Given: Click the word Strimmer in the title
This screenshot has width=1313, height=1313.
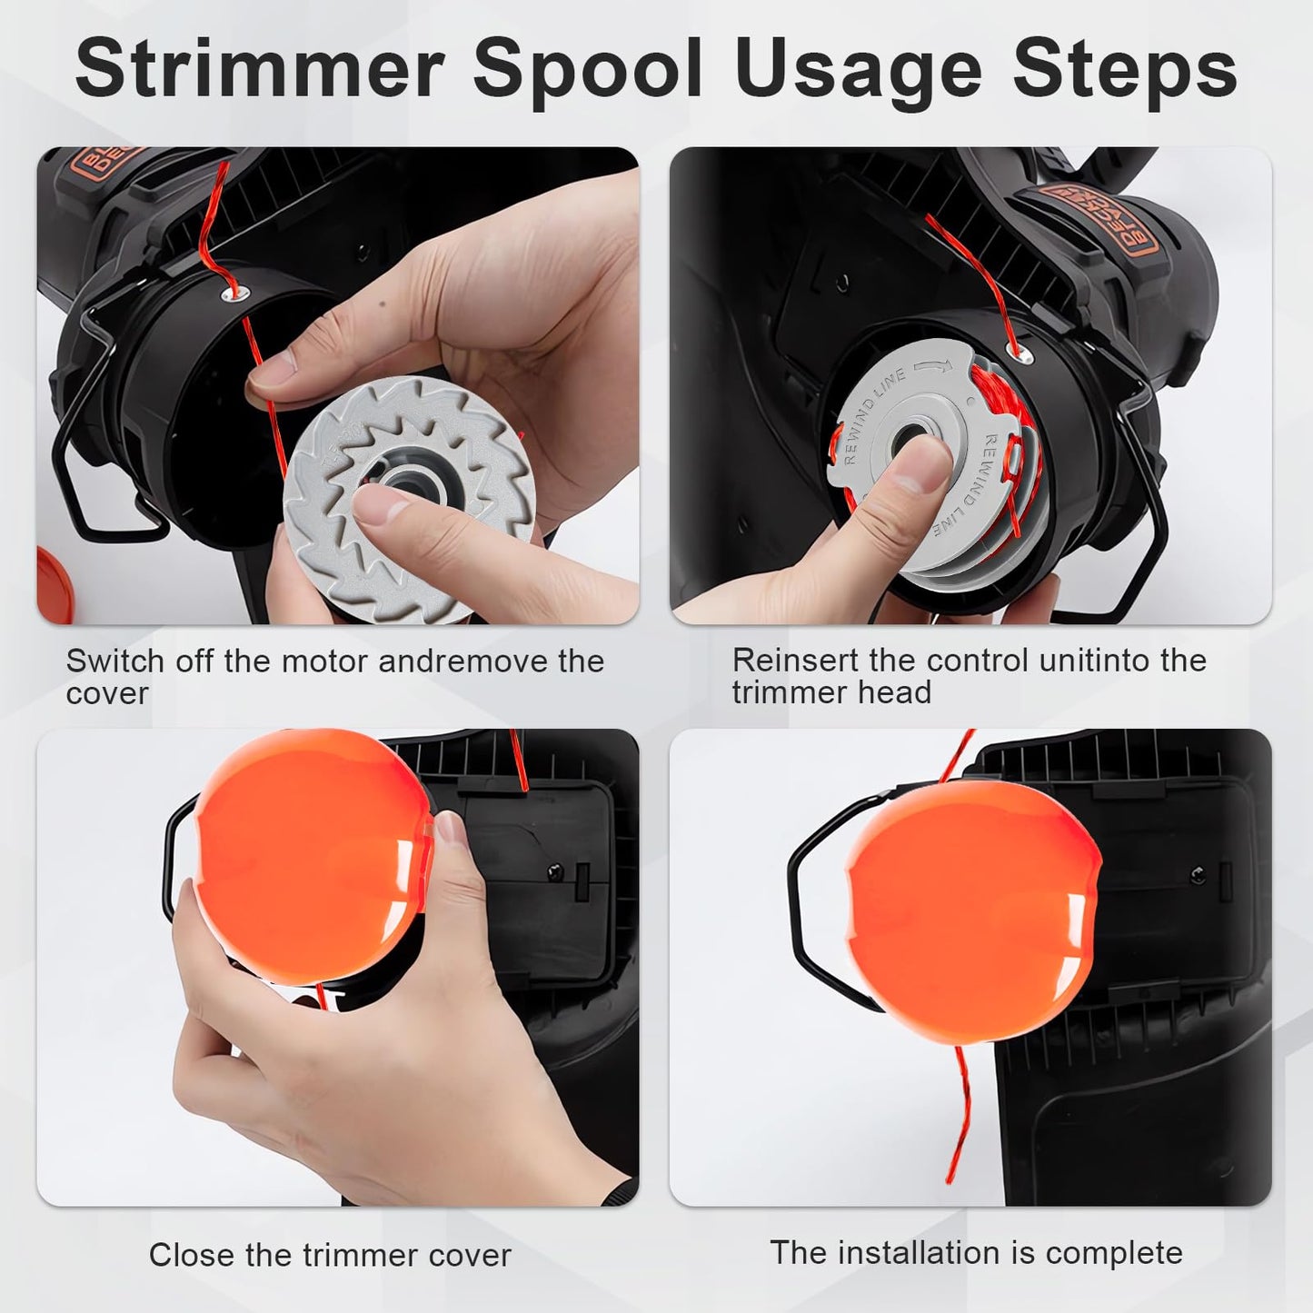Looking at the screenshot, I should [x=259, y=71].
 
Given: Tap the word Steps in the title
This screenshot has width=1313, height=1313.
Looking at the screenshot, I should [x=1124, y=71].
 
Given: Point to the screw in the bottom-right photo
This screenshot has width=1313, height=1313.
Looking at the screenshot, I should [x=1199, y=874].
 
